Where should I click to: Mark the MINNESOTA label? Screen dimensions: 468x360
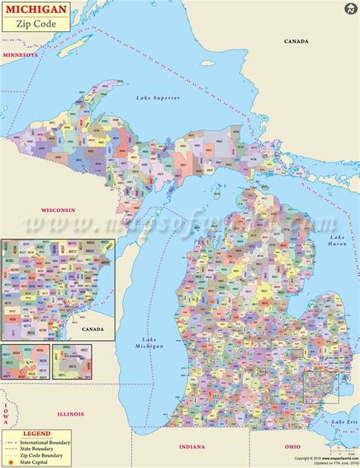20,55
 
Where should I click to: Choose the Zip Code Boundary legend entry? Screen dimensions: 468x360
47,454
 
